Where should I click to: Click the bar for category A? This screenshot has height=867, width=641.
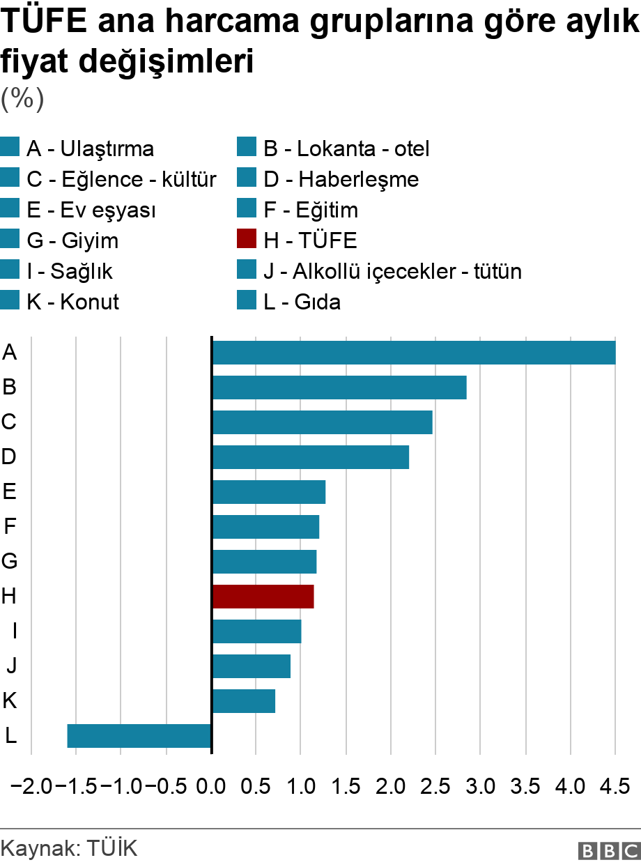pos(414,353)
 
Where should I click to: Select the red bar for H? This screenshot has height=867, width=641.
pos(263,597)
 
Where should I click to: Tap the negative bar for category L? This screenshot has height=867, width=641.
pos(139,736)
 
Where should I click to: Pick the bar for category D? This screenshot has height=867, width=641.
pos(310,457)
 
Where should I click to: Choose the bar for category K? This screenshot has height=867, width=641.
pos(243,701)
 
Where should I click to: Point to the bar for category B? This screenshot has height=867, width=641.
pos(339,388)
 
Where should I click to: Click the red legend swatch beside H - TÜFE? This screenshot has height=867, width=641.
pos(247,240)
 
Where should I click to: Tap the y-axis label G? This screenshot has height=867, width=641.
pos(10,562)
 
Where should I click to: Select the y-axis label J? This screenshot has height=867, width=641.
pos(11,666)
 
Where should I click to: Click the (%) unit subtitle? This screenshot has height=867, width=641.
pos(22,98)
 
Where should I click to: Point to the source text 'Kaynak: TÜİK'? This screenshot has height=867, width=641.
pos(70,848)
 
